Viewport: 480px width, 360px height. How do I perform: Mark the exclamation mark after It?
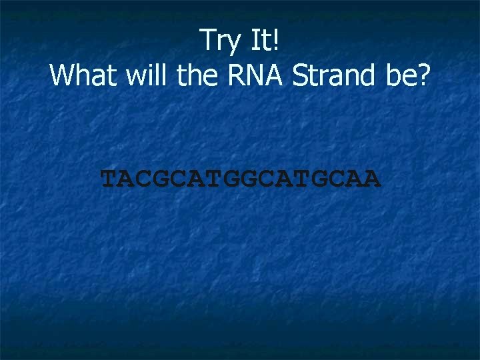(275, 41)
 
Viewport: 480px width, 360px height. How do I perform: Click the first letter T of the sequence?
(109, 179)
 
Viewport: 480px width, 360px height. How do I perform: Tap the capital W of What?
(62, 76)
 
